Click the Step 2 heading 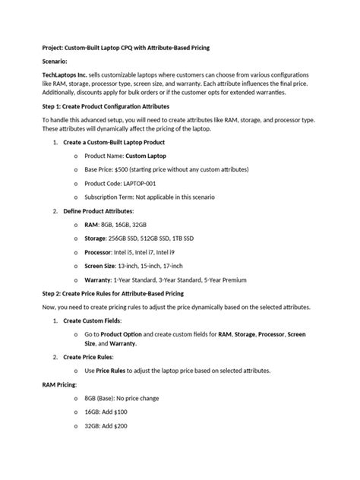pos(112,293)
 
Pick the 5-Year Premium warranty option pos(220,279)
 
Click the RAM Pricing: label pos(60,385)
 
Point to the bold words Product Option pos(122,334)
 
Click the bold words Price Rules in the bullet pos(112,371)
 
